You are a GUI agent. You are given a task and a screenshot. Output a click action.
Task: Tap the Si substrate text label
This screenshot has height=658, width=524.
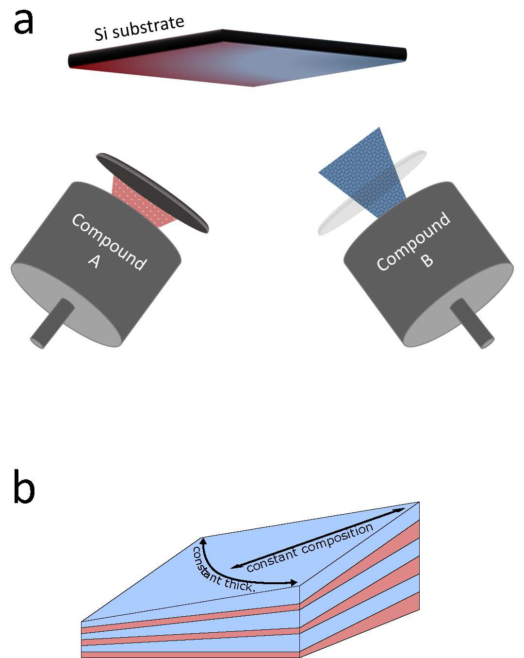139,28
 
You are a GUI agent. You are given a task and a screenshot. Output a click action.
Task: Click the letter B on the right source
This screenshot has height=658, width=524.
426,261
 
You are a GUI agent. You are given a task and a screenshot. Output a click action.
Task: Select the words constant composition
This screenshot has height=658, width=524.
310,547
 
